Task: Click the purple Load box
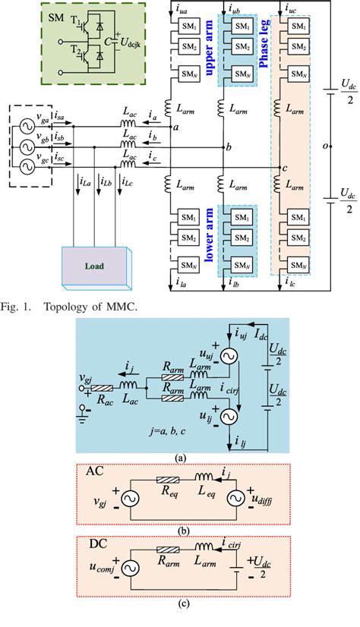90,267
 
